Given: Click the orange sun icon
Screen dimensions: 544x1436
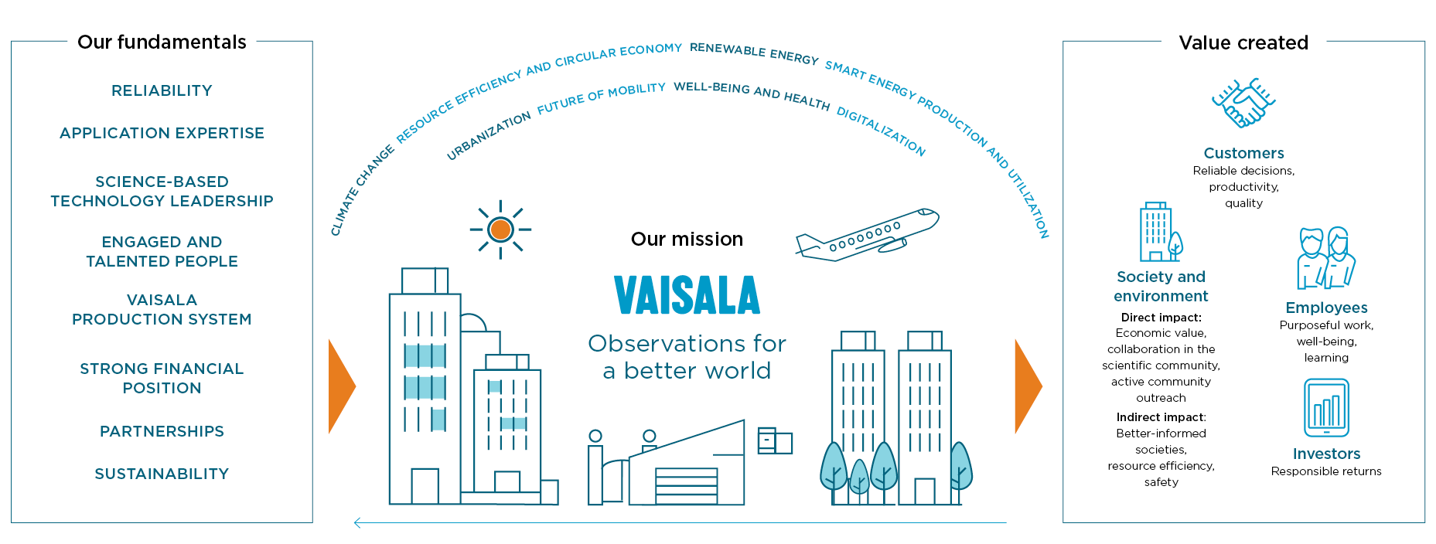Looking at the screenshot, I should [500, 229].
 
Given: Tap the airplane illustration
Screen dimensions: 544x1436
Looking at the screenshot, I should [867, 236].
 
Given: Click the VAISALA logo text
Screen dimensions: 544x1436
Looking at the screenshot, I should [687, 295].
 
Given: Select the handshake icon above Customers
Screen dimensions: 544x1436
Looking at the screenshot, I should [1243, 103].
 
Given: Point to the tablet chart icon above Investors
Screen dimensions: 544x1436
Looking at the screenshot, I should [1326, 407].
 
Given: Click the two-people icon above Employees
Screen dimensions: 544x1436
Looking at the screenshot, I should [1326, 258].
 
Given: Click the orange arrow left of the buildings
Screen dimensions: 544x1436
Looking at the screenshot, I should [341, 386].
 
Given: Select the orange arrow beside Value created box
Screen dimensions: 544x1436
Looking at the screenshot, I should [1028, 386].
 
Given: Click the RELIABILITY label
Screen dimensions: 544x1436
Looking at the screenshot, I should [162, 90].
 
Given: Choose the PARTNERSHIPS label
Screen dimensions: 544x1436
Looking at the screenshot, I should [162, 431].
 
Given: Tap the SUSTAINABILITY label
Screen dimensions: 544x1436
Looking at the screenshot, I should [162, 474].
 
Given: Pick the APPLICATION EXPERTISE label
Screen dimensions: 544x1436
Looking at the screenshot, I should [162, 133].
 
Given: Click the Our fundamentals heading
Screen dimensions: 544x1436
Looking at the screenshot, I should [162, 42].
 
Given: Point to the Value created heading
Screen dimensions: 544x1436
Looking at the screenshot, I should [1243, 42].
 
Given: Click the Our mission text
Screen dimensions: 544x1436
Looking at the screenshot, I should [687, 239].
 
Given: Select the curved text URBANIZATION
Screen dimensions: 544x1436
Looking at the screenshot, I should [489, 135].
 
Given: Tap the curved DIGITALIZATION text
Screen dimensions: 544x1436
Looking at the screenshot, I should [882, 131].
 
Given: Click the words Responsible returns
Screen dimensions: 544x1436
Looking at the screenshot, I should [1326, 471].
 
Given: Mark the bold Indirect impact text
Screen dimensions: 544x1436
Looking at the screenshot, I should [1160, 417].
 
